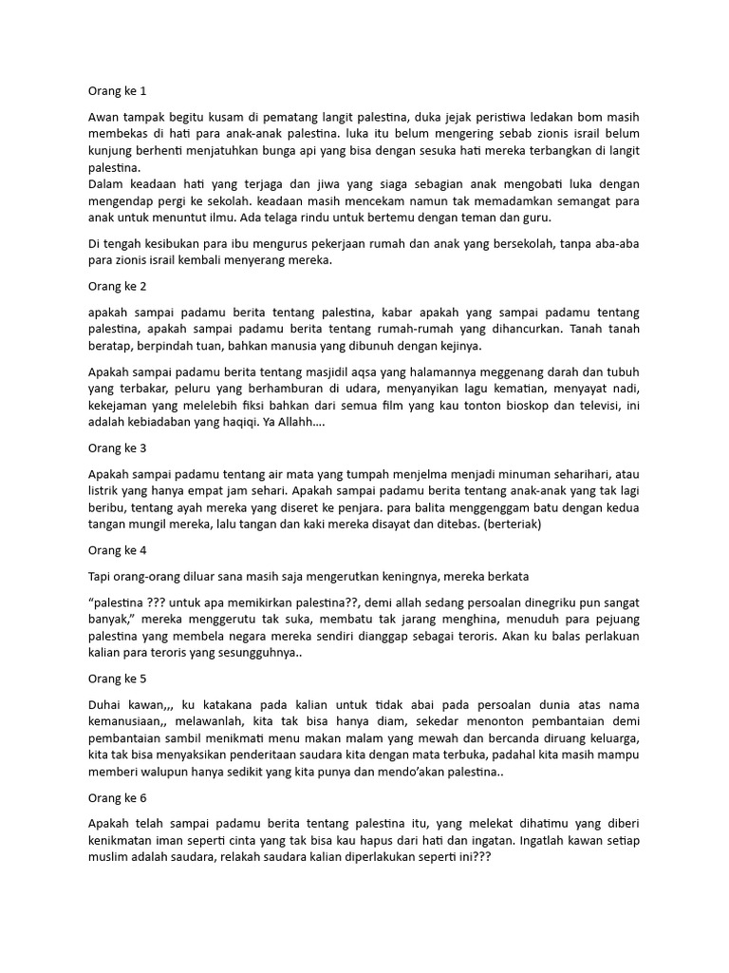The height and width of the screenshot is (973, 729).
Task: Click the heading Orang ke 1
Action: [118, 91]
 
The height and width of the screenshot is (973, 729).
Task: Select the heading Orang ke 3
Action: [118, 447]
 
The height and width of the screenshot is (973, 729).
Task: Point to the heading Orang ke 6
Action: [118, 796]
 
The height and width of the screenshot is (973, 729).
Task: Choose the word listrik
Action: [107, 491]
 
